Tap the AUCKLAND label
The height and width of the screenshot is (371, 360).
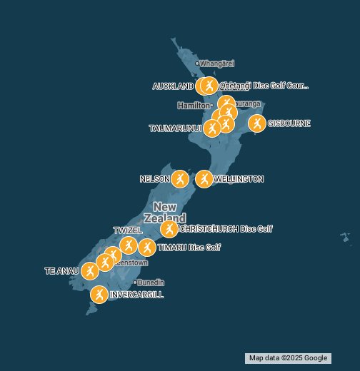pos(173,86)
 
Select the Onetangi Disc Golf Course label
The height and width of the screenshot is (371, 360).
pos(264,86)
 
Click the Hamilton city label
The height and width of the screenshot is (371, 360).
pos(194,106)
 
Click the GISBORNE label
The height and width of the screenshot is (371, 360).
pos(289,123)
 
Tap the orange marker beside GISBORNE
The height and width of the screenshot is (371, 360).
pos(256,123)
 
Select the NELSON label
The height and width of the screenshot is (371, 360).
pos(154,178)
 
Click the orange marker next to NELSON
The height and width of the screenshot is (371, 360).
pos(180,178)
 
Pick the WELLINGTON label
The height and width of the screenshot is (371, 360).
pos(239,179)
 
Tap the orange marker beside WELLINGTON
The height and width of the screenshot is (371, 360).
pos(204,178)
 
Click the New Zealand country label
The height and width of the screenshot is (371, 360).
pos(165,212)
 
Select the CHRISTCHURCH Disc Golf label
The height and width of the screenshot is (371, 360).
pos(225,229)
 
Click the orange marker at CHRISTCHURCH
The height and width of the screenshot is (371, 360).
pos(169,229)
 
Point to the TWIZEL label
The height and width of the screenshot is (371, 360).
pos(128,230)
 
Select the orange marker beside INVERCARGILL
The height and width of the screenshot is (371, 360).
pos(99,294)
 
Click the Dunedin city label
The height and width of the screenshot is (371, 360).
pos(151,283)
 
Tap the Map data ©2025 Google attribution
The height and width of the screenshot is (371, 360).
pos(288,358)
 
